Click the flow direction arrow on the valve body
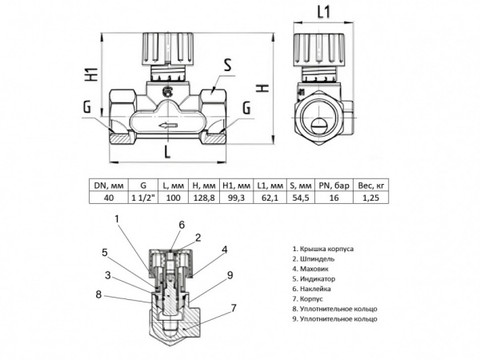167,125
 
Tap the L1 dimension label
324,13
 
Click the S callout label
227,66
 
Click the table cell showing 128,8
204,198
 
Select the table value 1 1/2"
143,198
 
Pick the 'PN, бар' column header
334,186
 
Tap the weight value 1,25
370,198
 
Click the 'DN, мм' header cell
109,186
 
